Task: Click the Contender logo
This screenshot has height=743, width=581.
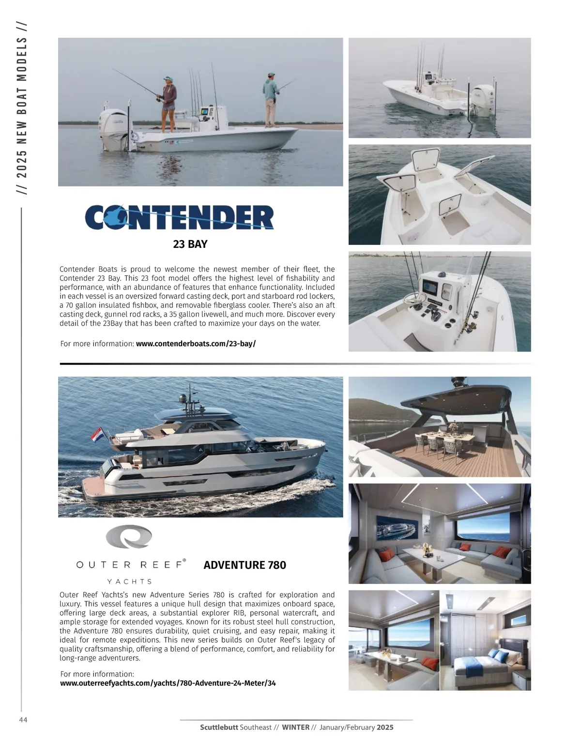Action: [x=179, y=217]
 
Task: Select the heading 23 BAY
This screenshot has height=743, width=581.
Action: [x=190, y=244]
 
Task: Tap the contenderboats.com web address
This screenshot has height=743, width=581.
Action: [x=196, y=344]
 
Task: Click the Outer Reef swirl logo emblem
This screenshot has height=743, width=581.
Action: [x=129, y=538]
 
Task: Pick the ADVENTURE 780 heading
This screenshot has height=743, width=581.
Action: [x=245, y=565]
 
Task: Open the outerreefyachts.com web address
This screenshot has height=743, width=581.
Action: [x=168, y=683]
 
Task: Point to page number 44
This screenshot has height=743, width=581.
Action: [x=23, y=720]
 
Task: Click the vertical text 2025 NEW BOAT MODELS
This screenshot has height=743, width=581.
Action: [x=22, y=108]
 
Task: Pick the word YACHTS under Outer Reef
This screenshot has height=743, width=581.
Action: [x=129, y=581]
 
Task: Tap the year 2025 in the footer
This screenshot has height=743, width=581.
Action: [x=385, y=727]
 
